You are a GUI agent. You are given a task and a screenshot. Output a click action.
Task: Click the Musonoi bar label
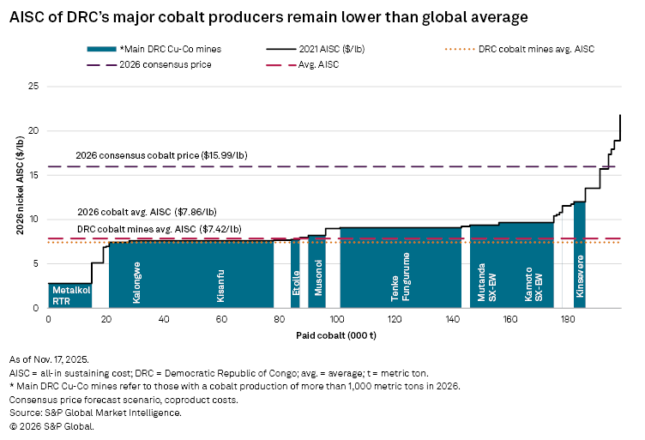click(x=318, y=277)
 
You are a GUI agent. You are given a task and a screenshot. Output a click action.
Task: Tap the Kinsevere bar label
click(x=581, y=276)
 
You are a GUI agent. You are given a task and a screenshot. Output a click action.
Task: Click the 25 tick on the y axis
click(x=34, y=87)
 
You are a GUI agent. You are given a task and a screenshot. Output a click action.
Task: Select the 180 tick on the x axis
click(x=567, y=319)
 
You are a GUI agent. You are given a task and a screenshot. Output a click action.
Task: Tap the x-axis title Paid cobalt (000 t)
click(x=335, y=333)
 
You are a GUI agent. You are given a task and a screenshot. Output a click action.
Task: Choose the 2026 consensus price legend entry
click(x=161, y=64)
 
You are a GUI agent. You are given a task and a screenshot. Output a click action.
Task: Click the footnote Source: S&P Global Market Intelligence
click(x=94, y=413)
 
